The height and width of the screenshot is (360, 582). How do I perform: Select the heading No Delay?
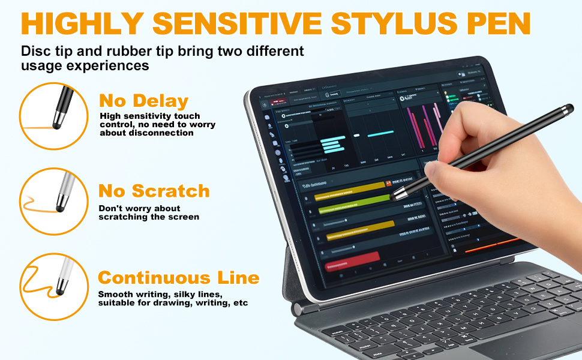pyautogui.click(x=144, y=100)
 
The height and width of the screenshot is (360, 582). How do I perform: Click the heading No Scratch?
pyautogui.click(x=154, y=191)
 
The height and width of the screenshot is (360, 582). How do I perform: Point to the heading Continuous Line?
pyautogui.click(x=179, y=278)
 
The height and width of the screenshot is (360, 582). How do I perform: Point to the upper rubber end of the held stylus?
pyautogui.click(x=567, y=109)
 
